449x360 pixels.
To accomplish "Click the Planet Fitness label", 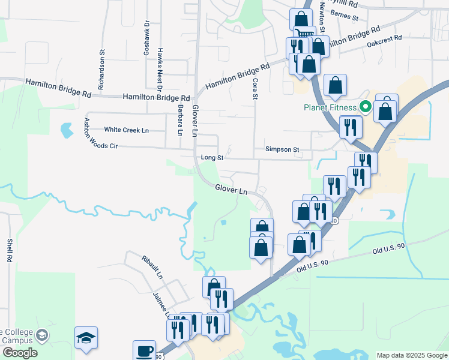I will tap(329, 108).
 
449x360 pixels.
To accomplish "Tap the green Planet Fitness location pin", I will tap(364, 107).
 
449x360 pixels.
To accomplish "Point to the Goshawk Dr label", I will tap(146, 43).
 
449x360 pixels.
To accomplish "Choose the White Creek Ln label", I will tap(126, 130).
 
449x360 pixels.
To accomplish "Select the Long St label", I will tap(212, 158).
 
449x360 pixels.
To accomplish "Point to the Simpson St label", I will tap(282, 149).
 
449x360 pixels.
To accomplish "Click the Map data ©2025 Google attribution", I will tap(412, 355).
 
